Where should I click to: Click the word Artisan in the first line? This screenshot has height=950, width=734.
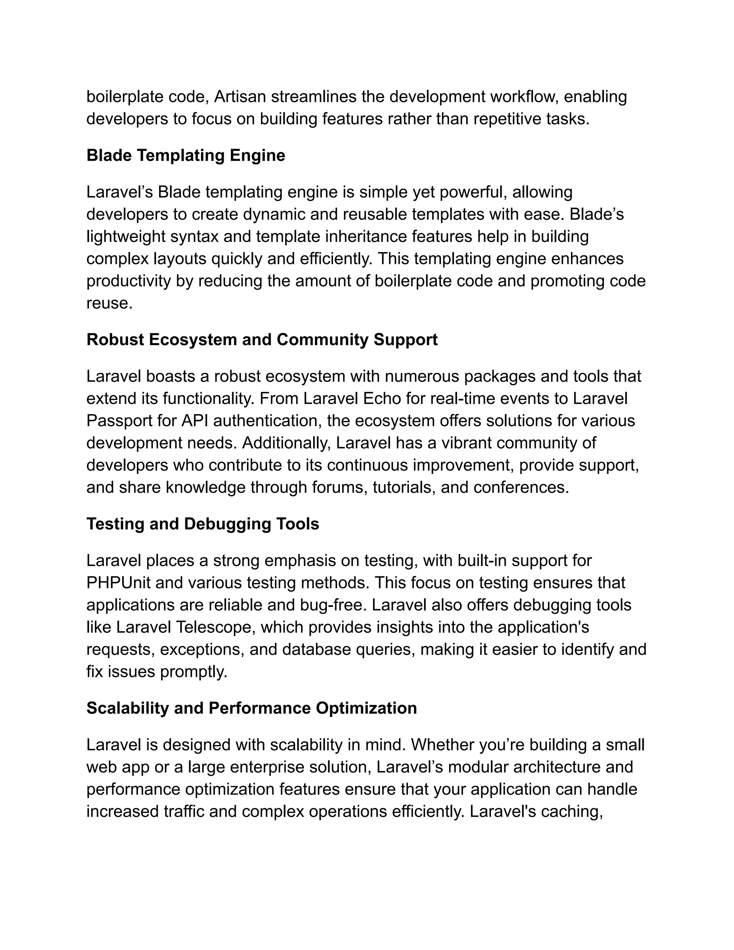point(240,96)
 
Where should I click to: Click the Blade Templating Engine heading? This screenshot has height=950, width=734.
point(186,155)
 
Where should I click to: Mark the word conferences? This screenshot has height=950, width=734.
point(520,487)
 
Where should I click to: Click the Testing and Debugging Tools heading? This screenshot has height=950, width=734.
point(202,524)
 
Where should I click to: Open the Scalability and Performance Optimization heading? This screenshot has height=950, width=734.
point(251,708)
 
